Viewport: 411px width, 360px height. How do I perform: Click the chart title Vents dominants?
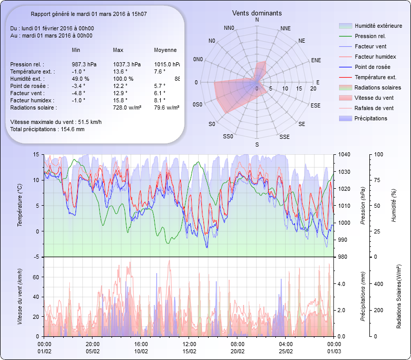(256, 13)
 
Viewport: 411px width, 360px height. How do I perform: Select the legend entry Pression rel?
(370, 36)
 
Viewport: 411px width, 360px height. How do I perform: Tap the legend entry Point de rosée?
(372, 67)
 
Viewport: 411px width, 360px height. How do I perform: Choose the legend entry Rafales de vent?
(374, 108)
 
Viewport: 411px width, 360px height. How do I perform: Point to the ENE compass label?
(316, 60)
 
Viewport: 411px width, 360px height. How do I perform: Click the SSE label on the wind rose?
(284, 137)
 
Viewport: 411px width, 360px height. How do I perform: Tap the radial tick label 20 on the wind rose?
(313, 88)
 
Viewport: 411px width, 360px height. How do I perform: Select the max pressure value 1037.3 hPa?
(126, 64)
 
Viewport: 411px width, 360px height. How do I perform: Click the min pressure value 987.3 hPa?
(84, 64)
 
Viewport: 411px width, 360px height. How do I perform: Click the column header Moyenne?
(165, 50)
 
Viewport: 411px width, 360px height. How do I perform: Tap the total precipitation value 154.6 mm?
(72, 129)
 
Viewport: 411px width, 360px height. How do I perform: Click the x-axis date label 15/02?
(190, 351)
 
